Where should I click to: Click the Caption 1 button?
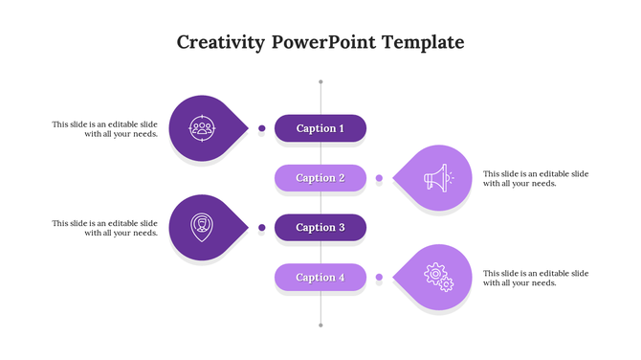(x=320, y=128)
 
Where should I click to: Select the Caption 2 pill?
(x=320, y=178)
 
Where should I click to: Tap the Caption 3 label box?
(x=320, y=228)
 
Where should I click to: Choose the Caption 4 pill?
(x=320, y=278)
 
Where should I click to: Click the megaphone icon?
(x=436, y=178)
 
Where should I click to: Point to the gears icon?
(x=437, y=278)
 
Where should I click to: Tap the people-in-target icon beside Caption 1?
(x=202, y=127)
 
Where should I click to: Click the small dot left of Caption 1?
(x=261, y=127)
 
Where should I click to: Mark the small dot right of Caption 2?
(x=379, y=178)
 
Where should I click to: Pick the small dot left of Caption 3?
(x=261, y=227)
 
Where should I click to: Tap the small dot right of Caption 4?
(x=379, y=277)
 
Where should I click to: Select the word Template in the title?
(x=423, y=43)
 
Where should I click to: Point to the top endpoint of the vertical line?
(x=320, y=81)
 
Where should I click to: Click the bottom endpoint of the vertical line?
(x=320, y=326)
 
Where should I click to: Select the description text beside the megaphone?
(x=536, y=178)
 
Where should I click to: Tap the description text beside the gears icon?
(x=536, y=278)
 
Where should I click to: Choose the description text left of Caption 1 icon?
(x=104, y=128)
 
